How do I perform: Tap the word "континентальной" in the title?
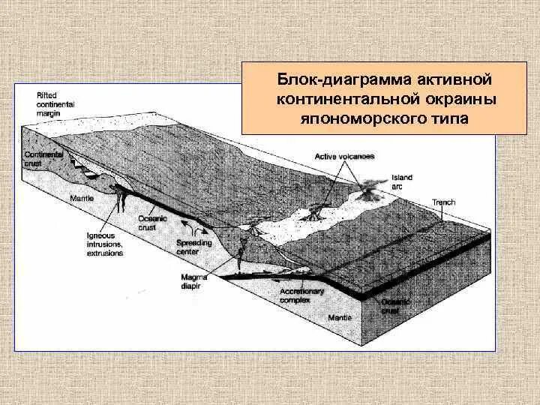click(x=338, y=99)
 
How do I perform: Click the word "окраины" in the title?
click(x=448, y=99)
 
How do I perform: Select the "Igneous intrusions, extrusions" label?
click(x=104, y=244)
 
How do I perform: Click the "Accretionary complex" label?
click(x=301, y=295)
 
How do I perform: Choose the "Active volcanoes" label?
click(x=344, y=156)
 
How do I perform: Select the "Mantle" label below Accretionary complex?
click(x=340, y=317)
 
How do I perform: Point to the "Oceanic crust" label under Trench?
click(x=394, y=306)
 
